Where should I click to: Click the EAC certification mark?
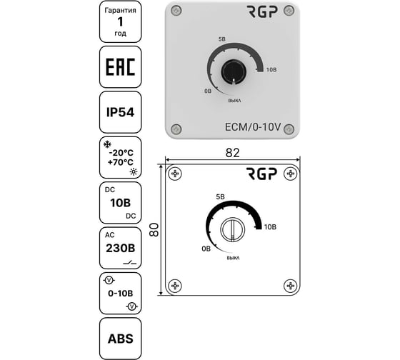tap(120, 67)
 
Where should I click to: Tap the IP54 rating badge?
tap(120, 112)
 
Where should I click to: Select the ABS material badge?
tap(120, 339)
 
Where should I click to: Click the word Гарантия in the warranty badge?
tap(120, 11)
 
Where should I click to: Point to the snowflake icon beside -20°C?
tap(107, 144)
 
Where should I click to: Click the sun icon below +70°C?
tap(134, 171)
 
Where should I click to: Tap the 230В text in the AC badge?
tap(121, 249)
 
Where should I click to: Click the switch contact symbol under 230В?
tap(129, 262)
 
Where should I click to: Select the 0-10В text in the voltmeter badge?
tap(121, 294)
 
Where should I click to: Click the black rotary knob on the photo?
tap(234, 71)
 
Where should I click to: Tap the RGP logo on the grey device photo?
tap(262, 11)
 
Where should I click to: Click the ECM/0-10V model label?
tap(253, 127)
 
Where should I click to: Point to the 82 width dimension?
tap(233, 153)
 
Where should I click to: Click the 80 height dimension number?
tap(154, 230)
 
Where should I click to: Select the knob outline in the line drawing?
tap(232, 229)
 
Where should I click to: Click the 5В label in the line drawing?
tap(221, 197)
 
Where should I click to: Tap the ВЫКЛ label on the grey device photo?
tap(234, 101)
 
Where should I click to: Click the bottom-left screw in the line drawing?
tap(175, 286)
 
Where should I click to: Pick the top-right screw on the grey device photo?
tap(289, 11)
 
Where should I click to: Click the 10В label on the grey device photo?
tap(271, 70)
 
